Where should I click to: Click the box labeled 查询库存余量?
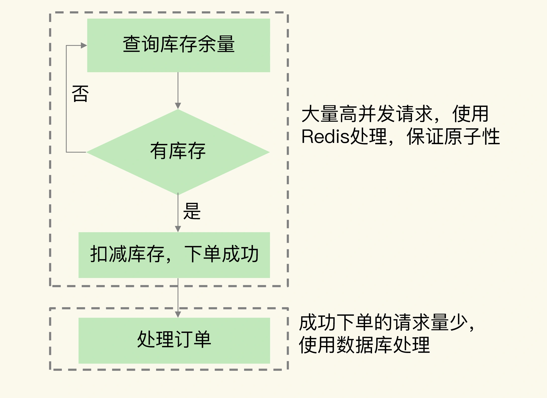click(x=178, y=45)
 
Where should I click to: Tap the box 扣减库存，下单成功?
click(x=174, y=255)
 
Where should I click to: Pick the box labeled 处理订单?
click(x=174, y=340)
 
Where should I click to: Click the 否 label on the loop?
click(x=80, y=94)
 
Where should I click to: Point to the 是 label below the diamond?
click(x=192, y=211)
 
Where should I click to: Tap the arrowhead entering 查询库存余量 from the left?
click(x=84, y=46)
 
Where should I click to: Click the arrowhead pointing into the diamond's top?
click(x=178, y=106)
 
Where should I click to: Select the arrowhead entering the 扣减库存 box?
click(x=178, y=229)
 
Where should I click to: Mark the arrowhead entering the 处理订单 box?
click(x=178, y=314)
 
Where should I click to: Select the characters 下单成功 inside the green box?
click(x=221, y=254)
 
